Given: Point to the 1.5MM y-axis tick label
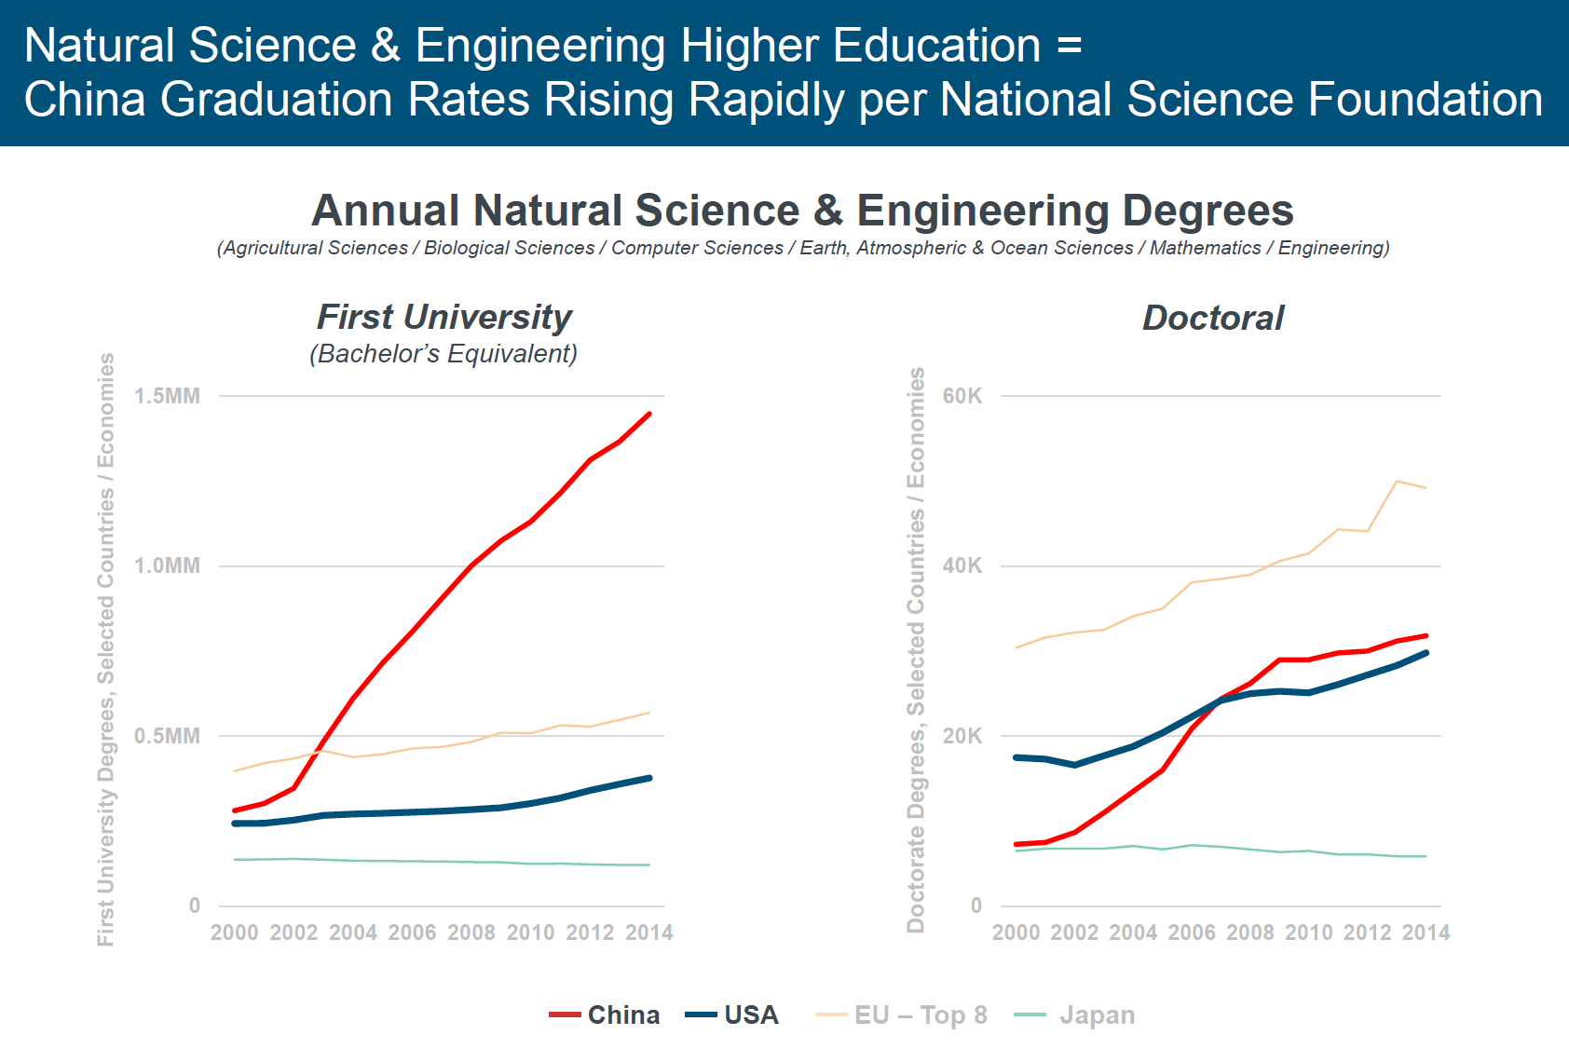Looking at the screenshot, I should pos(167,396).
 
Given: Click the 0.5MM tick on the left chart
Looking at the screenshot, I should pos(167,736).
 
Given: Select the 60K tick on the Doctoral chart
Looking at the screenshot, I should pos(962,396).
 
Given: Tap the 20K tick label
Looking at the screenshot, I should pos(962,736).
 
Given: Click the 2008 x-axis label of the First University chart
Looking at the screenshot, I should pos(471,933).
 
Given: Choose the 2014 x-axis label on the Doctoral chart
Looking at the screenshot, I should pos(1426,933).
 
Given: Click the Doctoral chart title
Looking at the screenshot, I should pos(1213,319).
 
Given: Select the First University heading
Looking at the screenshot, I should pos(444,317).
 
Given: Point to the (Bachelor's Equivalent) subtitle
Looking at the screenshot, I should pos(443,354).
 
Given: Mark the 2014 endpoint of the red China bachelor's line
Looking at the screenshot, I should pos(649,414).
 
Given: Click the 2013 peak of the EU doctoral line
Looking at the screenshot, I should pos(1397,481).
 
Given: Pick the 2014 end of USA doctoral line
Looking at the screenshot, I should pos(1426,653).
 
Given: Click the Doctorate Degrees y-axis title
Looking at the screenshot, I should pos(917,649).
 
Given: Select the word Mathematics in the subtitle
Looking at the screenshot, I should pos(1205,248).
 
